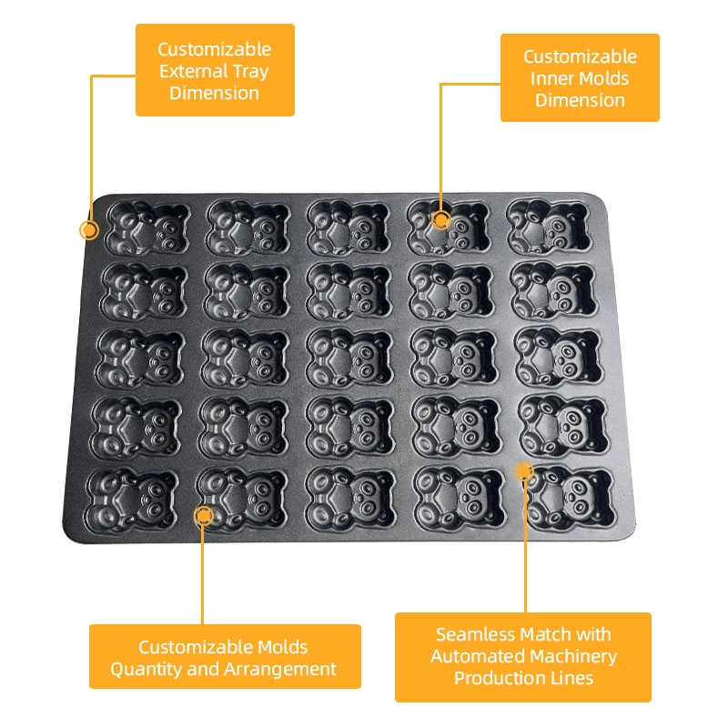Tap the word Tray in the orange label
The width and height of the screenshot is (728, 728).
251,73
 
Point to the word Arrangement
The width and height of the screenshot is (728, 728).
280,670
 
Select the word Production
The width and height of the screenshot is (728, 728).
499,678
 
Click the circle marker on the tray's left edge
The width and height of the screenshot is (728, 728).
88,230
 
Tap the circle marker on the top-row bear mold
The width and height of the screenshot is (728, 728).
441,219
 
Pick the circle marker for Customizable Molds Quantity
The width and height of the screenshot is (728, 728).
203,516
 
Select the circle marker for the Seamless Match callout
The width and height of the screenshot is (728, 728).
524,471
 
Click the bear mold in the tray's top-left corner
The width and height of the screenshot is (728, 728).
147,228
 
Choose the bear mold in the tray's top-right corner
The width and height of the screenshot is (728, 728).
550,227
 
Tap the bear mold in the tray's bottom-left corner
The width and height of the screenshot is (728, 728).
132,500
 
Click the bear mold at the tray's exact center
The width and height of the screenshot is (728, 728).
349,358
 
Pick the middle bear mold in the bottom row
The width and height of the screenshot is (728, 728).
350,499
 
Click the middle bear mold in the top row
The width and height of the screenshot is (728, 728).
349,228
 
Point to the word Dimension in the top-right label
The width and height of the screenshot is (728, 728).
580,100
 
